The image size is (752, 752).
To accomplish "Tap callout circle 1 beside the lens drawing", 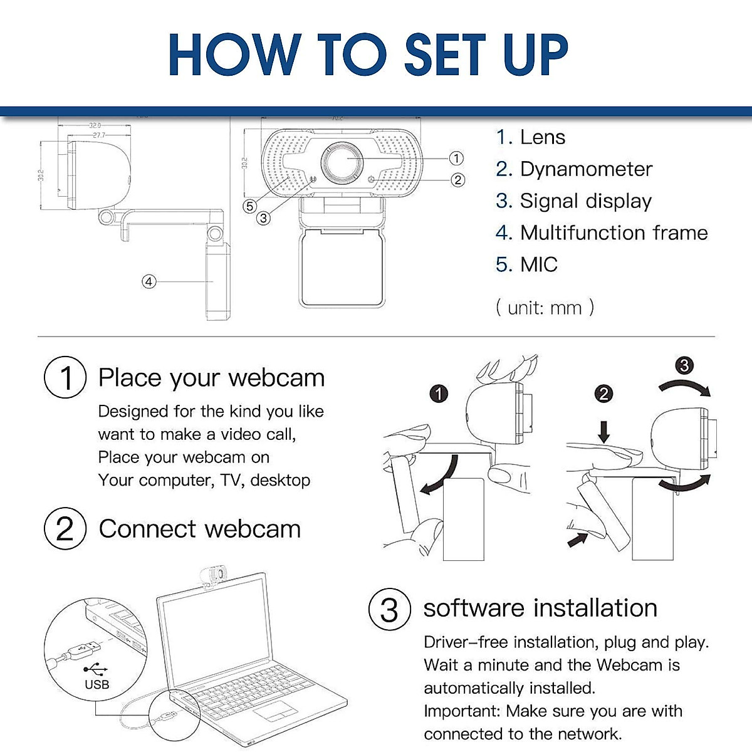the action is point(456,159).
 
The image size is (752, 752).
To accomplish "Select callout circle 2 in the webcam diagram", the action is point(458,180).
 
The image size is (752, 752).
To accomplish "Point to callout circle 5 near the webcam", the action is point(250,206).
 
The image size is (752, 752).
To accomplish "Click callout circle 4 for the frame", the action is point(149,282).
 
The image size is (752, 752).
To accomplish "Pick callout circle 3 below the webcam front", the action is point(264,218).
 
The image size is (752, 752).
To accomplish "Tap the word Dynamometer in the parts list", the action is point(586,169).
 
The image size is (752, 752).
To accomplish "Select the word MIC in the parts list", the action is point(539,264).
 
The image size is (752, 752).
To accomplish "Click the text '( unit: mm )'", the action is point(545,308).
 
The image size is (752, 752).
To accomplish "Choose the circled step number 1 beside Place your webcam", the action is point(65,378).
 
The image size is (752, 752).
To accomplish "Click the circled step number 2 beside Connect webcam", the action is point(65,529).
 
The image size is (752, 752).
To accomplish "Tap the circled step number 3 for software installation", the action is point(389,609).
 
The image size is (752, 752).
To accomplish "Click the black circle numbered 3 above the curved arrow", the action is point(684,365).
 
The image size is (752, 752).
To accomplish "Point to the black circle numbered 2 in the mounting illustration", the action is point(603,394).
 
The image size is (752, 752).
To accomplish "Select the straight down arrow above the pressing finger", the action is point(603,431).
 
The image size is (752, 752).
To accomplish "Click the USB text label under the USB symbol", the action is point(97,684).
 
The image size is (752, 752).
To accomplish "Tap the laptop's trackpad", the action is point(274,711).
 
